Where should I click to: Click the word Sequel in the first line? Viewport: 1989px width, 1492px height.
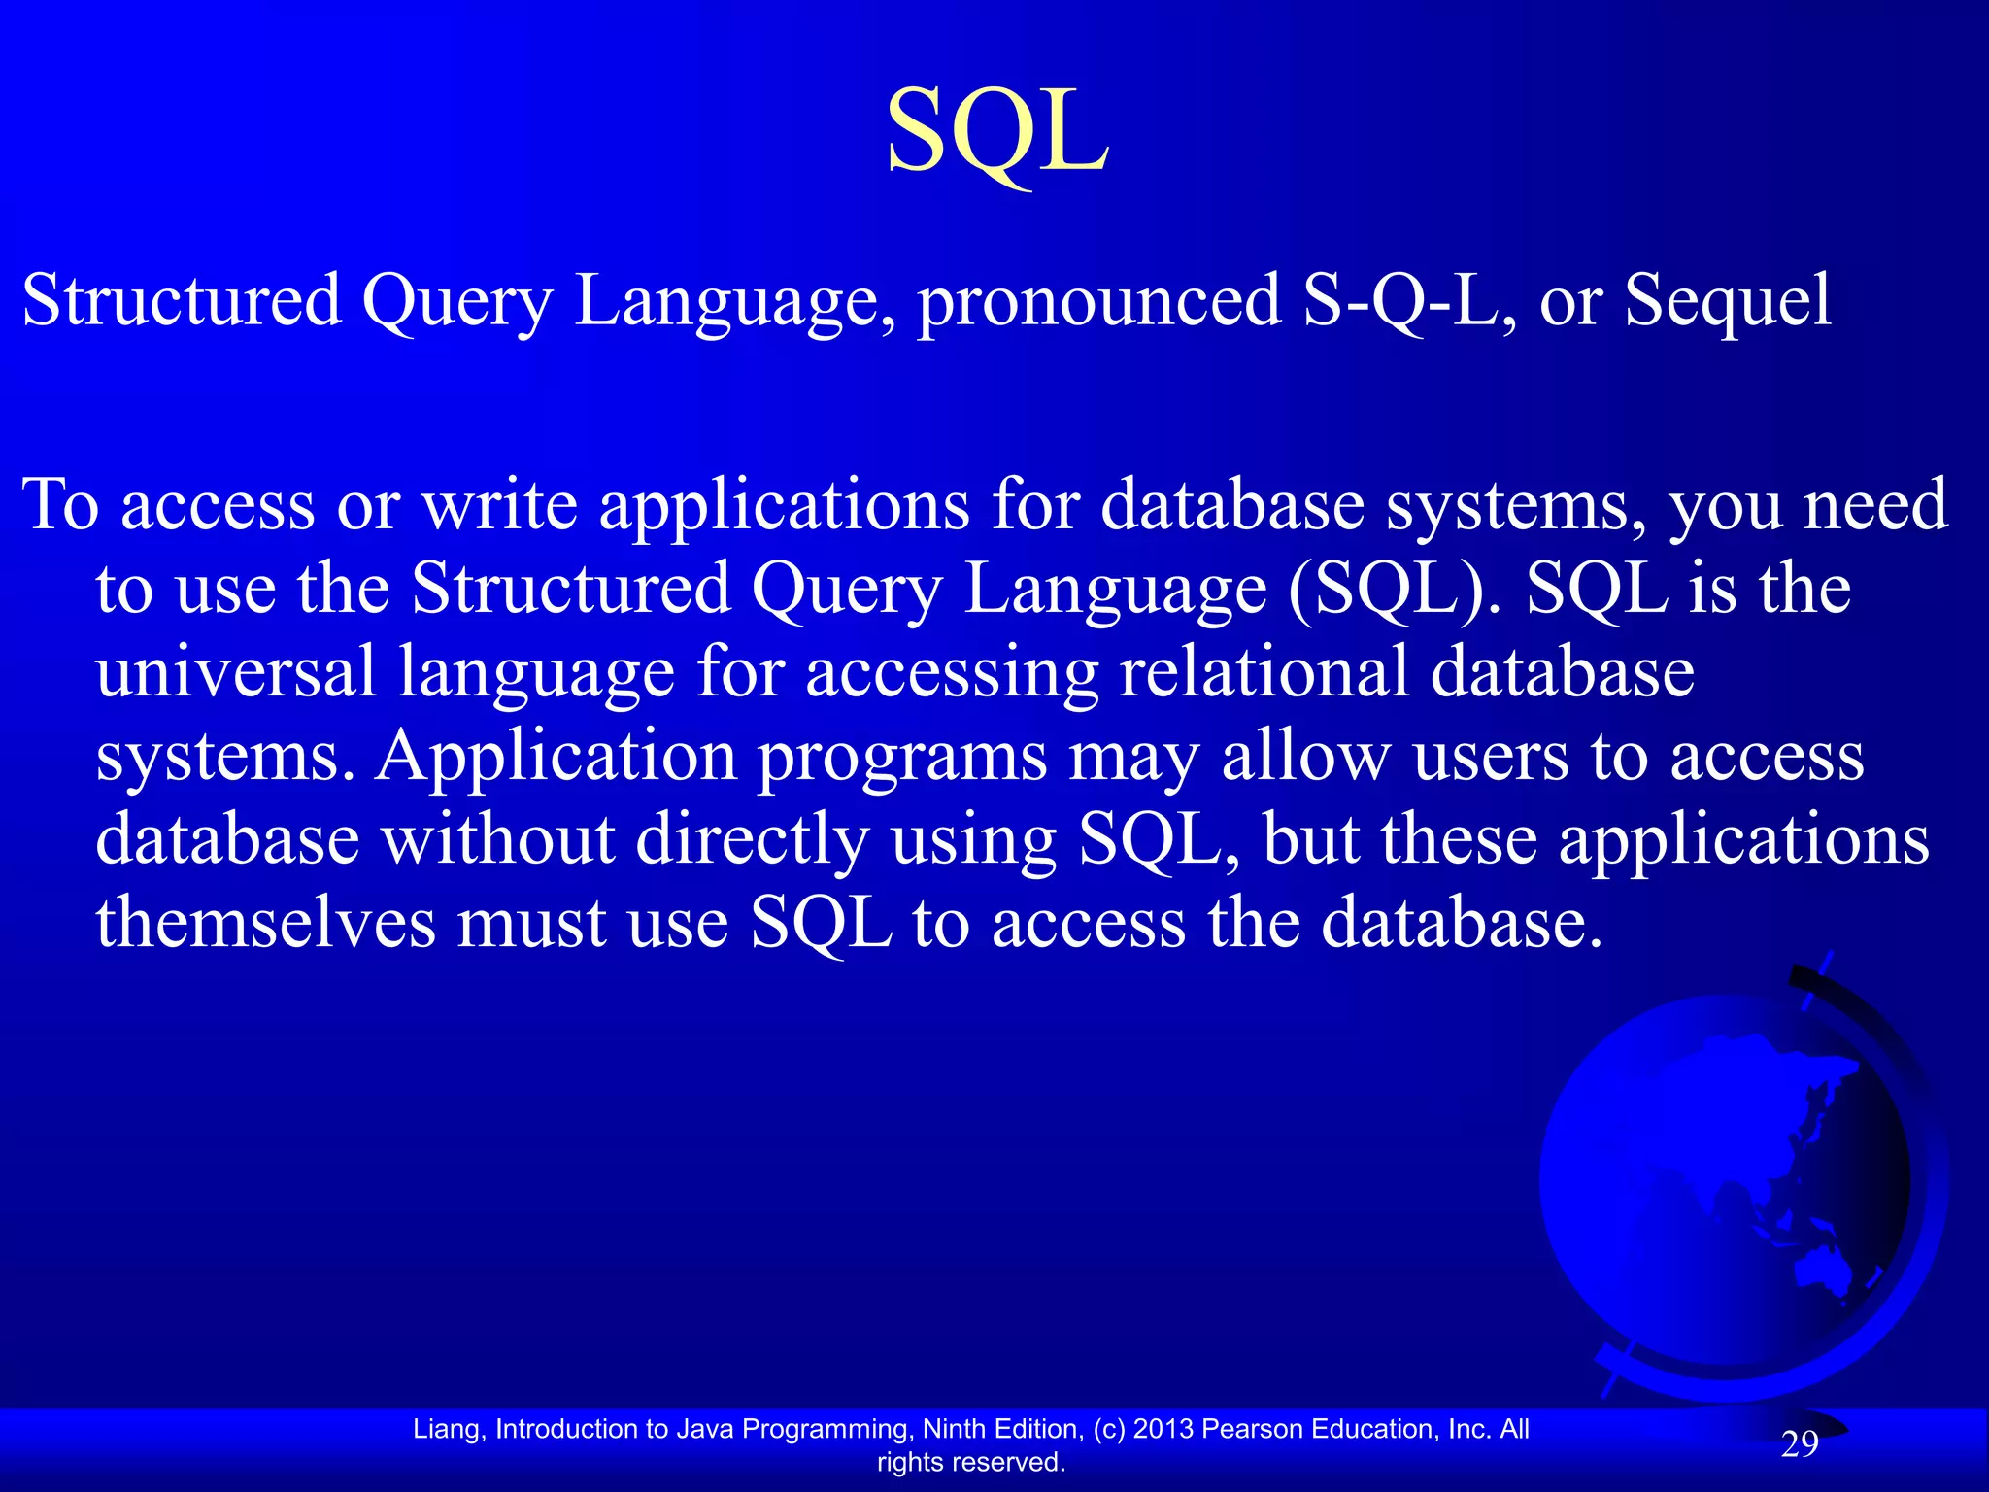pos(1728,300)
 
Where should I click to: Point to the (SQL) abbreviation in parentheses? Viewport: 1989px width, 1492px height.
pos(1395,589)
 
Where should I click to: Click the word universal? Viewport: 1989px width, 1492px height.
pos(236,672)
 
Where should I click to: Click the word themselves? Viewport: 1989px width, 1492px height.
pos(265,923)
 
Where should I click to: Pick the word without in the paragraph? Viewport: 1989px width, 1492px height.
pos(497,839)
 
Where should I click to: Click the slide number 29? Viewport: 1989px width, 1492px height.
pos(1799,1445)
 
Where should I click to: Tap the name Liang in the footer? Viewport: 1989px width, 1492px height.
pos(447,1429)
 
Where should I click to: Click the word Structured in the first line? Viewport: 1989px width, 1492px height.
pos(182,300)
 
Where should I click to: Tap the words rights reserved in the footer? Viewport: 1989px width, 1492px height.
pos(970,1462)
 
